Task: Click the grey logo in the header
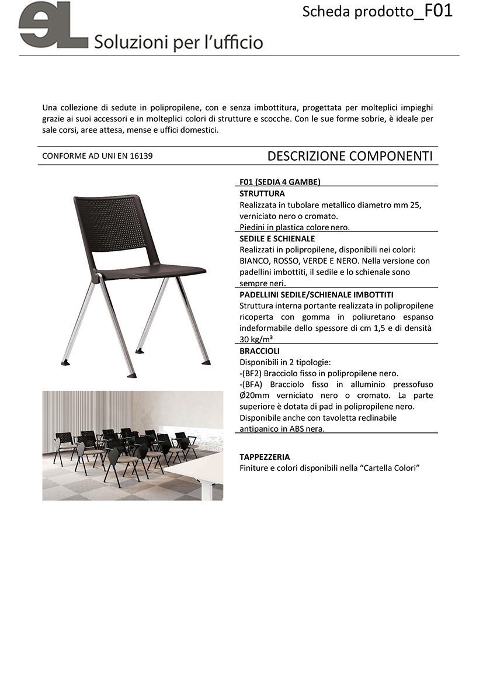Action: pyautogui.click(x=53, y=26)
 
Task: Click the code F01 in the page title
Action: pyautogui.click(x=437, y=11)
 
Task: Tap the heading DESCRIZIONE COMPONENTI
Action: pyautogui.click(x=349, y=156)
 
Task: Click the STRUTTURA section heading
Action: pyautogui.click(x=262, y=193)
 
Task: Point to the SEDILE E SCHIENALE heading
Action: pyautogui.click(x=277, y=238)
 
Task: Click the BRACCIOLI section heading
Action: pyautogui.click(x=259, y=351)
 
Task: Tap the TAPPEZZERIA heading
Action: pyautogui.click(x=265, y=457)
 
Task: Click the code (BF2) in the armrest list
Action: pyautogui.click(x=253, y=373)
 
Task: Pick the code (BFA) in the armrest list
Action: pyautogui.click(x=253, y=384)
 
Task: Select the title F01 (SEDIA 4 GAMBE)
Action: pyautogui.click(x=280, y=182)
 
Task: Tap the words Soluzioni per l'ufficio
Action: pyautogui.click(x=178, y=42)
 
